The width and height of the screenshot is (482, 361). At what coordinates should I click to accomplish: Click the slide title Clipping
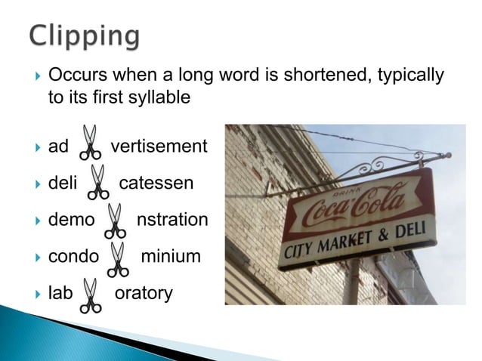(x=85, y=35)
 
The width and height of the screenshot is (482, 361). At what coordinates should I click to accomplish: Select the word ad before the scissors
(x=58, y=146)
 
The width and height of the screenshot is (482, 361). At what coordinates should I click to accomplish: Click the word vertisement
(x=159, y=146)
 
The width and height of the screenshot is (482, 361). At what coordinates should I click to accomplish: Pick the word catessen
(x=156, y=183)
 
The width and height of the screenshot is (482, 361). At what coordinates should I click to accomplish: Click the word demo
(x=71, y=220)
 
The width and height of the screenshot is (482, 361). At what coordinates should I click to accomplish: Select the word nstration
(x=171, y=220)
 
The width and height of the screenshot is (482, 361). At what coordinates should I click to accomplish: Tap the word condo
(x=73, y=256)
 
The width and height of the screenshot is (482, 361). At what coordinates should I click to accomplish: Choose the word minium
(x=171, y=256)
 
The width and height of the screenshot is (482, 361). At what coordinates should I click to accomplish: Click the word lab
(x=60, y=292)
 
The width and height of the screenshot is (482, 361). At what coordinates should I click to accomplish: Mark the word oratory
(x=143, y=292)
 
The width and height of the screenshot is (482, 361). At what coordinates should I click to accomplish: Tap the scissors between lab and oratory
(x=90, y=295)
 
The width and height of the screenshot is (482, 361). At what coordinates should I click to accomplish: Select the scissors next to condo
(x=117, y=259)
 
